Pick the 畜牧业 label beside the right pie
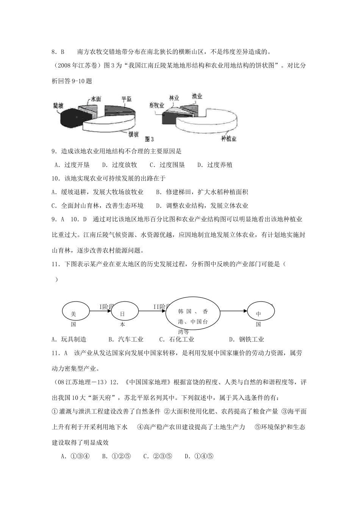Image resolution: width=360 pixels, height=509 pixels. [157, 105]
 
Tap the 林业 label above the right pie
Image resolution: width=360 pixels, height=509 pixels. [174, 98]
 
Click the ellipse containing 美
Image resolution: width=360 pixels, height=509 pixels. [75, 312]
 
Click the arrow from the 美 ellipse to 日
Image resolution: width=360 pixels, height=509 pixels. [100, 311]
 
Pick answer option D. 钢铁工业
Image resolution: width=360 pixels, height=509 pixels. [247, 339]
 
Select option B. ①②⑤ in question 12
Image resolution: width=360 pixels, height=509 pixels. [116, 456]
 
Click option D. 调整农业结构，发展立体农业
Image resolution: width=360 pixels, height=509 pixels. [202, 206]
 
